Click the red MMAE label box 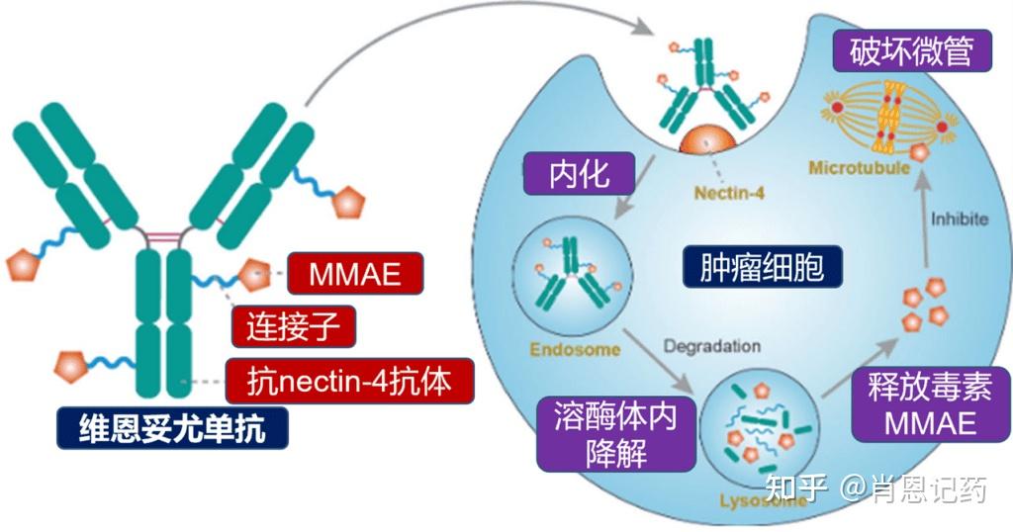click(355, 274)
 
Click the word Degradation click(712, 347)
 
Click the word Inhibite click(959, 219)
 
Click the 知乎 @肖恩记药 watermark click(877, 488)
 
